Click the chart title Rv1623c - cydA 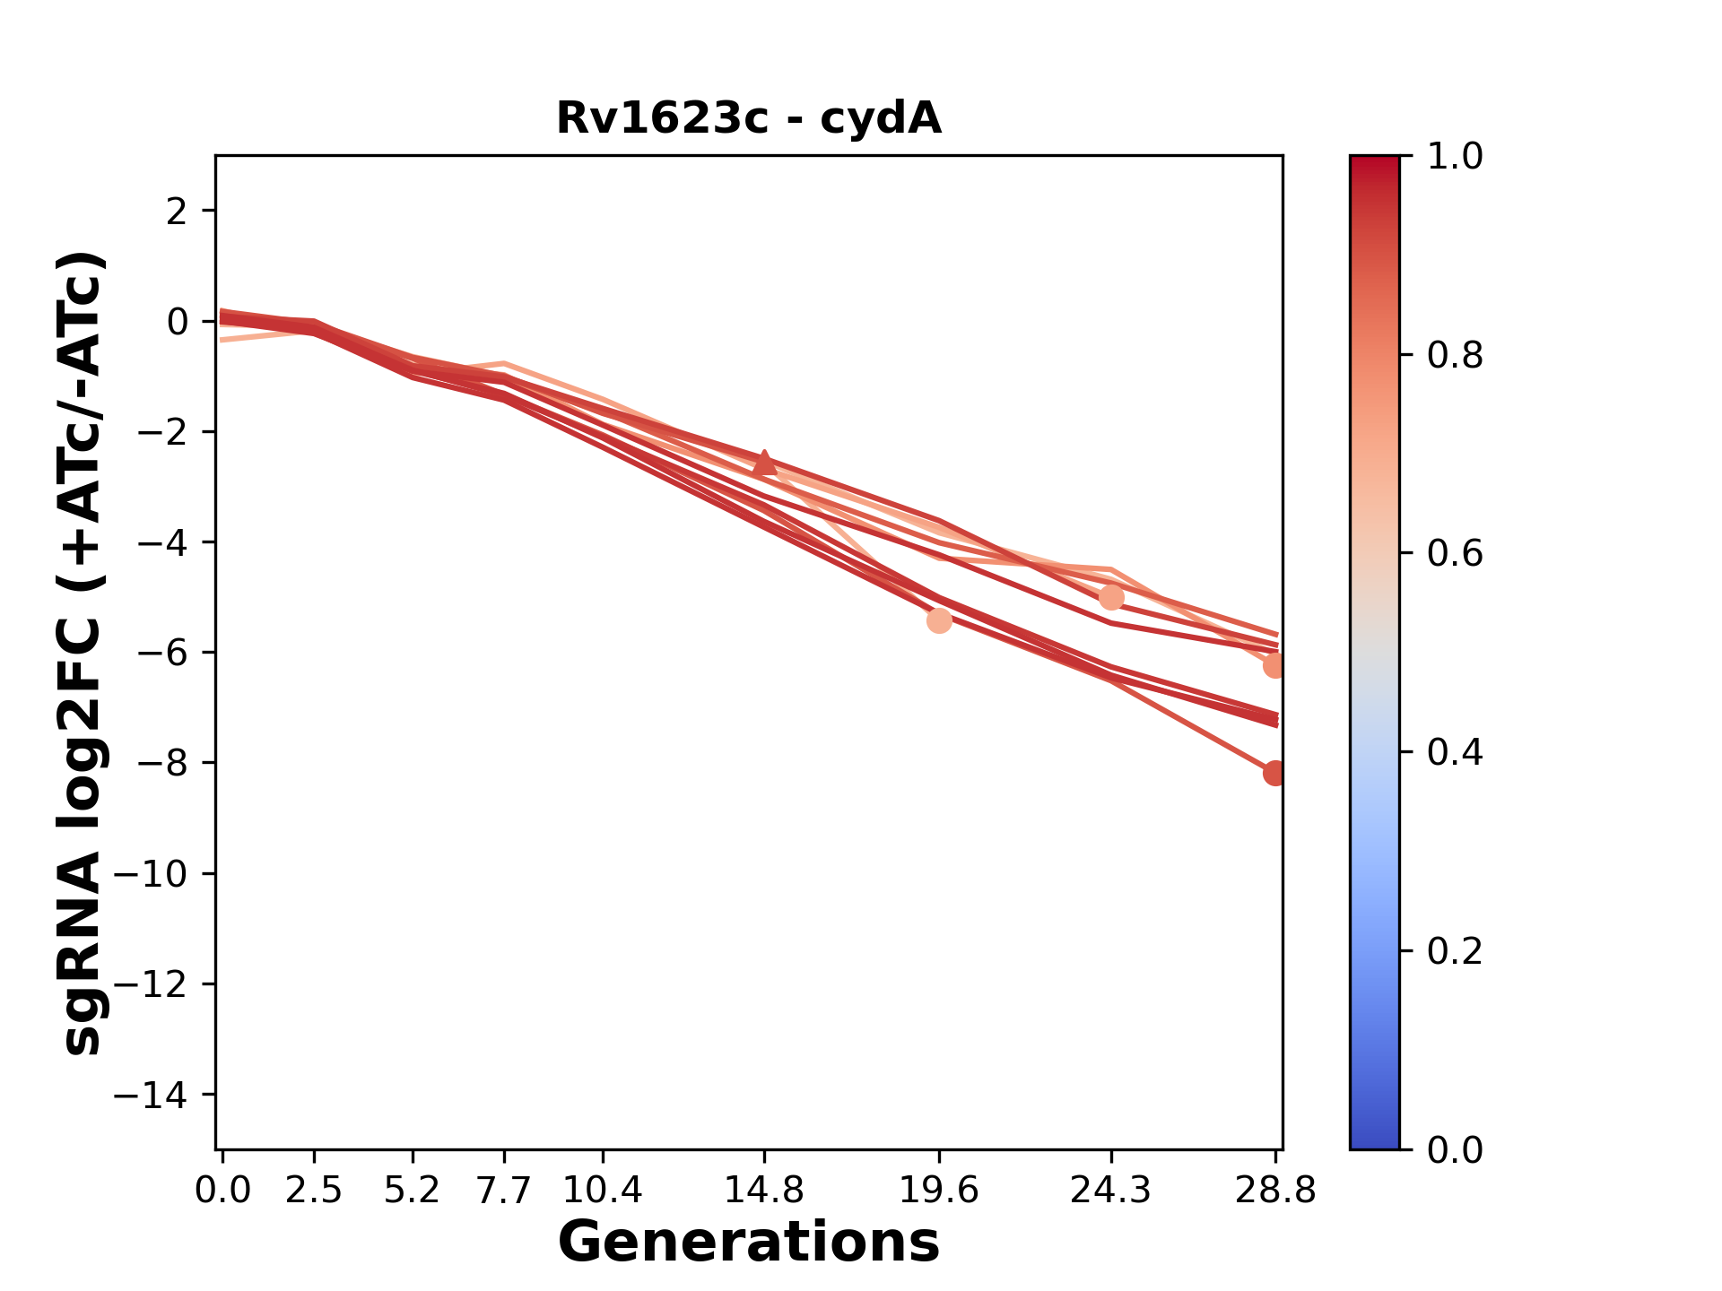(749, 118)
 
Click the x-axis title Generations (749, 1243)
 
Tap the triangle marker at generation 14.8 (764, 463)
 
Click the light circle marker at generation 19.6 (939, 620)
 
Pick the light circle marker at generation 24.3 (1111, 597)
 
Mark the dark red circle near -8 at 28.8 (1274, 773)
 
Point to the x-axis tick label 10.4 (603, 1191)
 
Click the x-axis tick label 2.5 (314, 1191)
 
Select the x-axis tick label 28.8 (1275, 1191)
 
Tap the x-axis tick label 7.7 (504, 1191)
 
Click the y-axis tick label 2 (177, 212)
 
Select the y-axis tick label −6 (161, 653)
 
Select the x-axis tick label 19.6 (939, 1191)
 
